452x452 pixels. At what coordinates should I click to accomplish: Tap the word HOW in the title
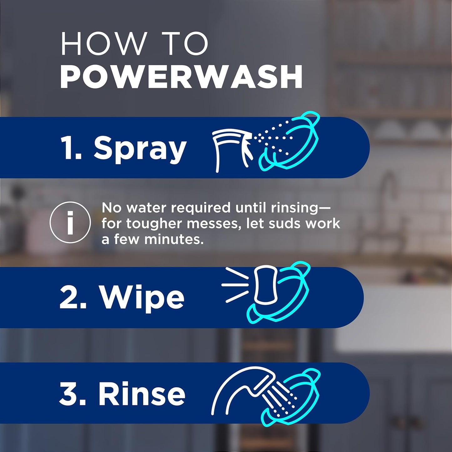pos(104,44)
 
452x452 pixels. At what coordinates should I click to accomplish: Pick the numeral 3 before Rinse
pos(72,394)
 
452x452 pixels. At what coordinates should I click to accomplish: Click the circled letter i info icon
pos(70,222)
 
